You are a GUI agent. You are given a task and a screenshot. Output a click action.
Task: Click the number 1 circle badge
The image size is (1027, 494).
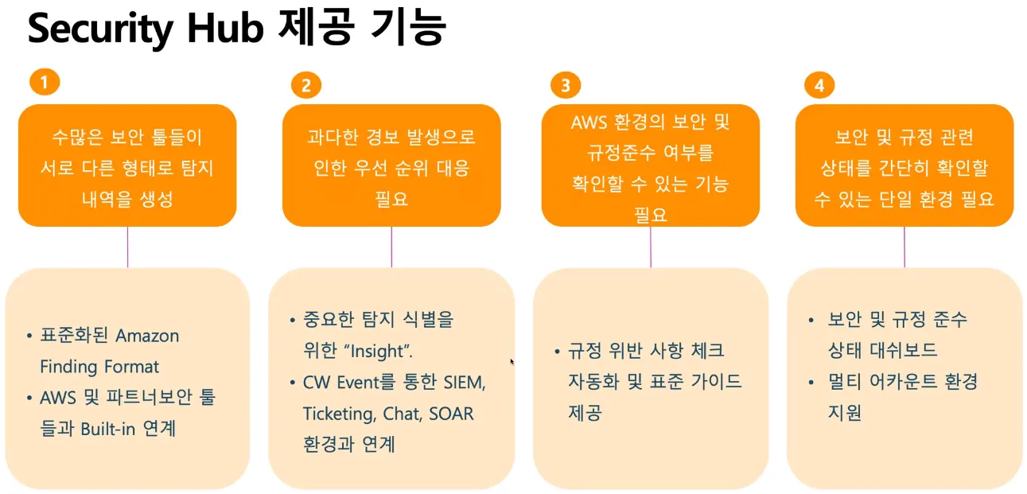[45, 81]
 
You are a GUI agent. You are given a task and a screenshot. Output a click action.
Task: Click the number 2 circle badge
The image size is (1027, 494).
[306, 84]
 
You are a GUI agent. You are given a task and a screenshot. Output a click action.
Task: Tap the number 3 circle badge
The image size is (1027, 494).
[566, 84]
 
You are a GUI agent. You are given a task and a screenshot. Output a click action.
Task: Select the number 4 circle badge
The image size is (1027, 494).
[819, 84]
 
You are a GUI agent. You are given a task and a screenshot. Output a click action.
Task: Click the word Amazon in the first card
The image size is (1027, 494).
[148, 336]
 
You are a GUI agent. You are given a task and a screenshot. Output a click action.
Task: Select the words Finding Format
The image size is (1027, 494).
[99, 367]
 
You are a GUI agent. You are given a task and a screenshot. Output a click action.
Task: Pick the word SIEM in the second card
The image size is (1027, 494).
[461, 383]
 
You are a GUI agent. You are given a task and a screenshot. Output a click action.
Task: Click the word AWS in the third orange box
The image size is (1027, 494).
[589, 123]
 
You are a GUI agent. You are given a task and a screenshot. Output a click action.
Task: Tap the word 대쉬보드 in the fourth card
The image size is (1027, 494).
[899, 351]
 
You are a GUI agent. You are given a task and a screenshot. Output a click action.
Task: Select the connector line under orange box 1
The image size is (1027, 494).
[127, 247]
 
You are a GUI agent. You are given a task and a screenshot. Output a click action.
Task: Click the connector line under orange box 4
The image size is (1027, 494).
[904, 247]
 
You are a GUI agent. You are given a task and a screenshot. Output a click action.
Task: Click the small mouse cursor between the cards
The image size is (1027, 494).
[512, 361]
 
